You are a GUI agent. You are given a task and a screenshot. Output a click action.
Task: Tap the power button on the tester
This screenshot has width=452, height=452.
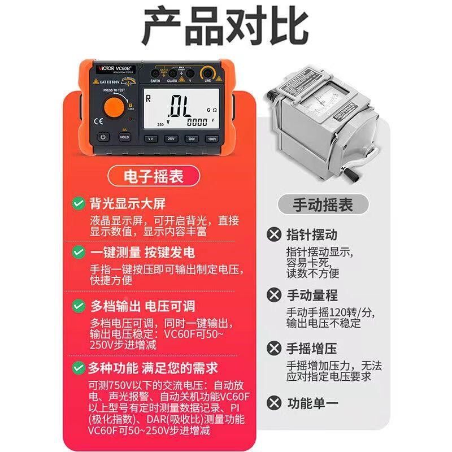[103, 137]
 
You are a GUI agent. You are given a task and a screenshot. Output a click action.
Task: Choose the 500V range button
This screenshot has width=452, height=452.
[190, 138]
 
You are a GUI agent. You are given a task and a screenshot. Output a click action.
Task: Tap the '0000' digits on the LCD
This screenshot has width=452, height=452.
[197, 122]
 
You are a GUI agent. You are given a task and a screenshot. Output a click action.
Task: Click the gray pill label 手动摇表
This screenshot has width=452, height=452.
[323, 204]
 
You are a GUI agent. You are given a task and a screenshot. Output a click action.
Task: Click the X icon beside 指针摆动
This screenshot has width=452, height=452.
[274, 234]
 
